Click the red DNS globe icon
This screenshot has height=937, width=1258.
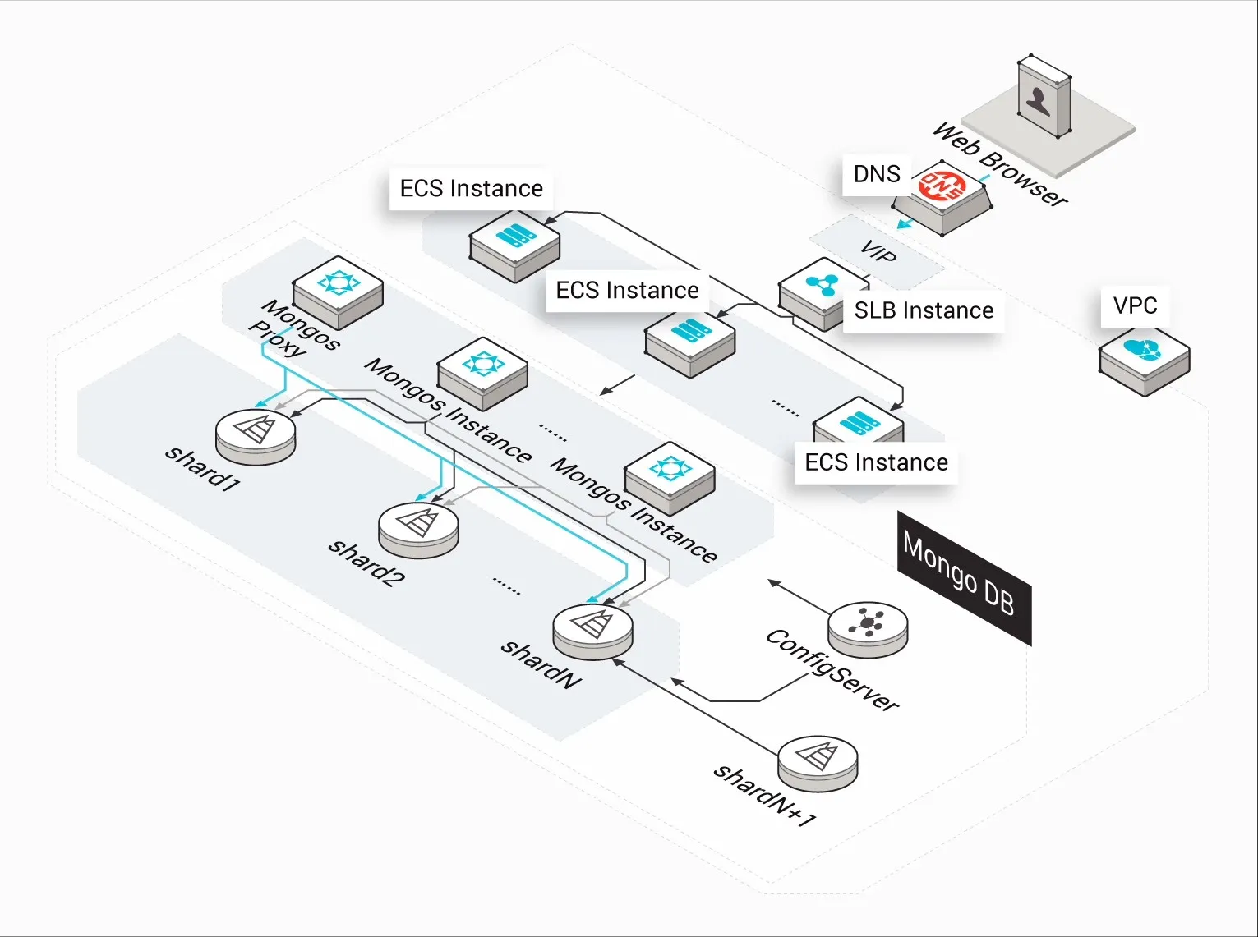[942, 187]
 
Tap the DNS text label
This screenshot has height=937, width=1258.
[877, 174]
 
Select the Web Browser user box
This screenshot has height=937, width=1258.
[1044, 97]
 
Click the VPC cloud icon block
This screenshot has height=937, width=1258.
[1144, 352]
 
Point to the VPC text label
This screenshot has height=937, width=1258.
[1135, 305]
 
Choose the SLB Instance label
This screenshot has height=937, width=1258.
[924, 310]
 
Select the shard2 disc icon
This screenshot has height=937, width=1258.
[418, 527]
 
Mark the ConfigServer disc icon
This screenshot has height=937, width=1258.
[868, 627]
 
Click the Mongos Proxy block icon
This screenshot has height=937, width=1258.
[339, 289]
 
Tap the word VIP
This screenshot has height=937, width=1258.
[878, 251]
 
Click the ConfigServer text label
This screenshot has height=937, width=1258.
[832, 670]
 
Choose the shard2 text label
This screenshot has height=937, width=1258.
[366, 562]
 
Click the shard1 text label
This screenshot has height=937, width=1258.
[202, 468]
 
